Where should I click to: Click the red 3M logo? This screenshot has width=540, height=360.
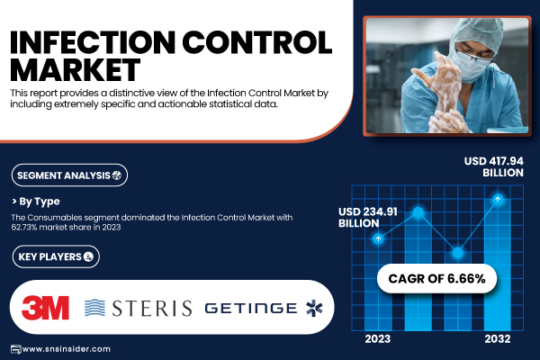click(x=45, y=308)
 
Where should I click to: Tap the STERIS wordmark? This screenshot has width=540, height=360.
click(x=152, y=308)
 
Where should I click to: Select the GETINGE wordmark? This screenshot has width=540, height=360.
click(x=251, y=309)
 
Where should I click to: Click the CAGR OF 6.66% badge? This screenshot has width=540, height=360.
click(x=436, y=278)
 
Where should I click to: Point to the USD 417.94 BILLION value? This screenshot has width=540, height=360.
click(x=493, y=166)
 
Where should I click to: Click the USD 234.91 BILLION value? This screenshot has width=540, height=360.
click(x=368, y=218)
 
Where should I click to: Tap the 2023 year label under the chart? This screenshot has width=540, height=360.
click(x=378, y=339)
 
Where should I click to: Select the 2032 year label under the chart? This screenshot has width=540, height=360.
click(x=498, y=339)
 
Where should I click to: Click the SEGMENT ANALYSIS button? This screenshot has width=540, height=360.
click(x=69, y=175)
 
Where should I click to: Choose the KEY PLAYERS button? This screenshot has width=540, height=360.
click(x=56, y=256)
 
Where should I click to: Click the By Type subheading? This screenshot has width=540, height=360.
click(x=36, y=202)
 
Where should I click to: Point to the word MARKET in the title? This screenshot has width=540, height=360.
click(x=75, y=70)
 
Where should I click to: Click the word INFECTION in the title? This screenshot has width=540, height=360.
click(x=93, y=42)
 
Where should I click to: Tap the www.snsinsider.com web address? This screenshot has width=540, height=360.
click(x=66, y=349)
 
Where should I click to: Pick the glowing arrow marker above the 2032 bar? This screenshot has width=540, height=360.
click(x=498, y=199)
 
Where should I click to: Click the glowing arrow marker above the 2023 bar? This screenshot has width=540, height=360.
click(x=378, y=238)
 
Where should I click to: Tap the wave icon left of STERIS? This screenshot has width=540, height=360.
click(x=94, y=308)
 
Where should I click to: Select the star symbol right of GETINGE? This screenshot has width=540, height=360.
click(x=314, y=308)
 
